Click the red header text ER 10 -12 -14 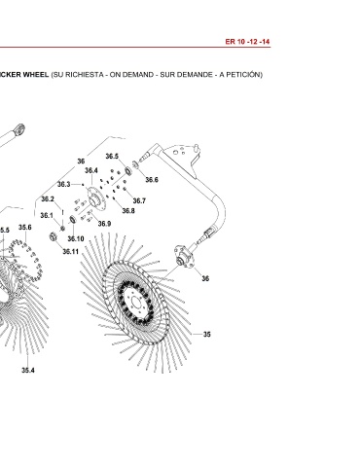[247, 42]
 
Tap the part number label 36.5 [112, 157]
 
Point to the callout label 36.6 [152, 180]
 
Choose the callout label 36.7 [139, 200]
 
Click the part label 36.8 [128, 211]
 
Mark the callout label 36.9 [104, 224]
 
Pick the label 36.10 [76, 239]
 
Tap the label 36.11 [70, 251]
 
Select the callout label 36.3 [63, 184]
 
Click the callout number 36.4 [91, 170]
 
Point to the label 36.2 [48, 198]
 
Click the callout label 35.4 [28, 370]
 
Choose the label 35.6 [25, 228]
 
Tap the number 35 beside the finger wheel [206, 334]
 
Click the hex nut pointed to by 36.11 [53, 236]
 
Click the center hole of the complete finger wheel [135, 305]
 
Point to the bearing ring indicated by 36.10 [73, 220]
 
